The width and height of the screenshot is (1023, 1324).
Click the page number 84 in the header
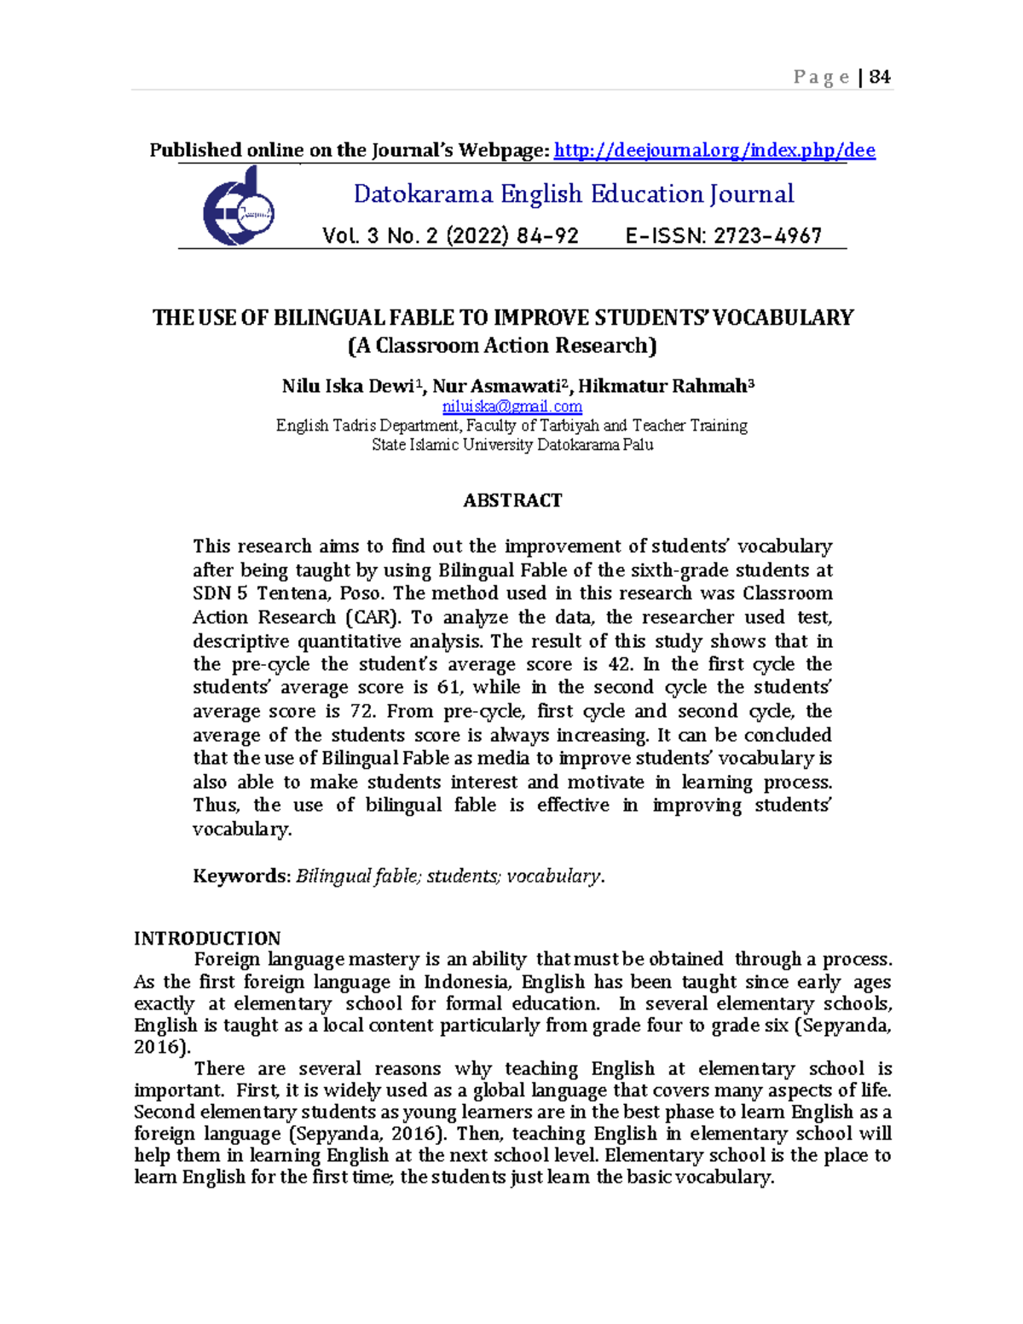(x=880, y=78)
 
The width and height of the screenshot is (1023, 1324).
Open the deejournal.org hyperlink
(x=714, y=151)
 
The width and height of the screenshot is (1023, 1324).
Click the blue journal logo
(x=238, y=207)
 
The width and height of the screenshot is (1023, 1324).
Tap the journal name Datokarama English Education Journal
(x=573, y=194)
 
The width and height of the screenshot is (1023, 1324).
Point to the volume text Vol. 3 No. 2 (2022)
(x=450, y=236)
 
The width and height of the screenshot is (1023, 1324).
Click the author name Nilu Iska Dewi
(x=348, y=386)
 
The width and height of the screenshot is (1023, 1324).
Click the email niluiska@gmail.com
(x=512, y=407)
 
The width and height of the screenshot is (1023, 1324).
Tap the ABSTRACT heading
(x=512, y=500)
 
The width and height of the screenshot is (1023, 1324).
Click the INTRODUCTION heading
(x=207, y=939)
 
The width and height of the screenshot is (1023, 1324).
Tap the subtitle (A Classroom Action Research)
(x=502, y=345)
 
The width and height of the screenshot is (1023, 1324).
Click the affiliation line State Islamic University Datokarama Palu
(x=512, y=444)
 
